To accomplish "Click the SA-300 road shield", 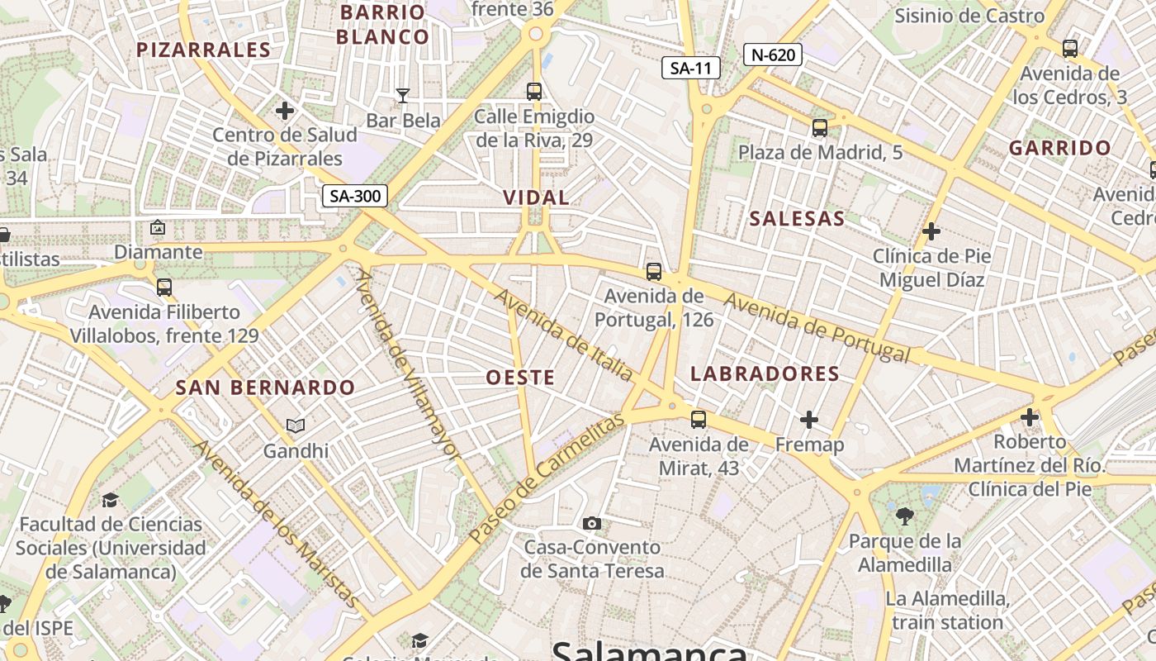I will point(354,196).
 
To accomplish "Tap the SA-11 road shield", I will point(691,68).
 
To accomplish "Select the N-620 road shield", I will point(773,55).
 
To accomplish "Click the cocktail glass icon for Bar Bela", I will point(403,96).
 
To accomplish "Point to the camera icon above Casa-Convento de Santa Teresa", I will point(591,523).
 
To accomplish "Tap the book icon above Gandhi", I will point(296,426).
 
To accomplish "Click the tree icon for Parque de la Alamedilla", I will point(905,516).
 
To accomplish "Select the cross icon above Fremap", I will point(809,420).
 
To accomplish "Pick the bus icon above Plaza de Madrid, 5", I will point(819,128).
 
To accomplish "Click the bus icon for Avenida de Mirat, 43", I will point(699,420).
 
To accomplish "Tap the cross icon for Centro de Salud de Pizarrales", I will point(285,110).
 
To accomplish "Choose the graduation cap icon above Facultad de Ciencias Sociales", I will point(110,500).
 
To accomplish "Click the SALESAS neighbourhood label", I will point(797,219).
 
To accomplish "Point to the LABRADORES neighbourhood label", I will point(765,373).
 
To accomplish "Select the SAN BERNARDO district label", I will point(265,388).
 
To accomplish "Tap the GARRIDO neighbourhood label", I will point(1059,149).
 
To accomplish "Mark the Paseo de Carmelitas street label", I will point(547,479).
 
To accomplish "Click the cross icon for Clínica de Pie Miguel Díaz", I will point(931,231).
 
